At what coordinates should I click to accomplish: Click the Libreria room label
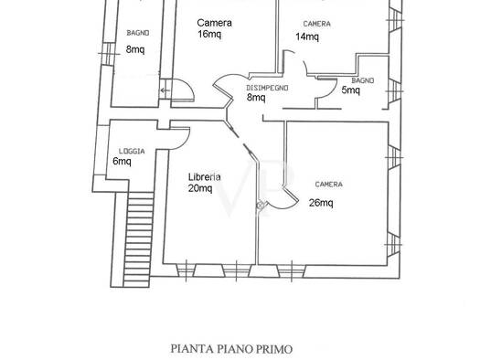pyautogui.click(x=204, y=176)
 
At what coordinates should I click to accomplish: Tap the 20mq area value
pyautogui.click(x=200, y=188)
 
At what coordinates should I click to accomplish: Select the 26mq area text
pyautogui.click(x=321, y=203)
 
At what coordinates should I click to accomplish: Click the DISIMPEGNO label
pyautogui.click(x=267, y=88)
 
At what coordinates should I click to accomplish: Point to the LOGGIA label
pyautogui.click(x=132, y=151)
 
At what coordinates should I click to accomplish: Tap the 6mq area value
pyautogui.click(x=122, y=161)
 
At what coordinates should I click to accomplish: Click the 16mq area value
pyautogui.click(x=209, y=34)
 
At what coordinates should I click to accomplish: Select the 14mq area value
pyautogui.click(x=307, y=37)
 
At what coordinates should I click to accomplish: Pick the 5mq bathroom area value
pyautogui.click(x=350, y=90)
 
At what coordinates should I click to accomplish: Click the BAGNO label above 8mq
pyautogui.click(x=138, y=33)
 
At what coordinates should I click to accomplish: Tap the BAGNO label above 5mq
pyautogui.click(x=363, y=80)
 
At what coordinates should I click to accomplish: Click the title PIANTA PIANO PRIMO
pyautogui.click(x=231, y=349)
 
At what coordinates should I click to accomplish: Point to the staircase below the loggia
pyautogui.click(x=138, y=239)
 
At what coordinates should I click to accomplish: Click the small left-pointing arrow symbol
pyautogui.click(x=165, y=90)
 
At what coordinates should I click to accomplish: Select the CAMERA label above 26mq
pyautogui.click(x=329, y=185)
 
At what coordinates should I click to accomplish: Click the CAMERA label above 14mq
pyautogui.click(x=317, y=24)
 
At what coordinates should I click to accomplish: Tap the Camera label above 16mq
pyautogui.click(x=214, y=23)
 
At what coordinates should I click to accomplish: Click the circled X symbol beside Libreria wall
pyautogui.click(x=261, y=206)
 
